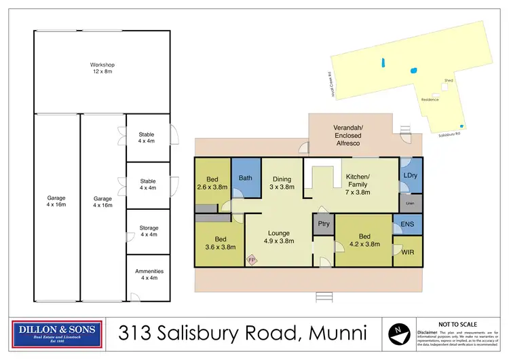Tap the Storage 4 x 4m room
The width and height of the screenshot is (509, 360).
148,231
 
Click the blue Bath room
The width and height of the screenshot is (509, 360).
246,179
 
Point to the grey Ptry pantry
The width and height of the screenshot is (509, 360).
324,223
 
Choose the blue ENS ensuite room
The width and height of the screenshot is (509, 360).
407,223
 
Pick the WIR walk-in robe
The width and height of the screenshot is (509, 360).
408,251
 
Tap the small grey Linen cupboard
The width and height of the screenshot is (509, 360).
410,202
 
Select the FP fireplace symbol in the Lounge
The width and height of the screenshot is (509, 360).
251,260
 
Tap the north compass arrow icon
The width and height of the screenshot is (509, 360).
398,333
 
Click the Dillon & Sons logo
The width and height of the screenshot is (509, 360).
58,332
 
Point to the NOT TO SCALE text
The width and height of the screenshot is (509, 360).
457,325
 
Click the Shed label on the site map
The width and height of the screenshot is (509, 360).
448,80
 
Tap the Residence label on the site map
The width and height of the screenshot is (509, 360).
430,100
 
